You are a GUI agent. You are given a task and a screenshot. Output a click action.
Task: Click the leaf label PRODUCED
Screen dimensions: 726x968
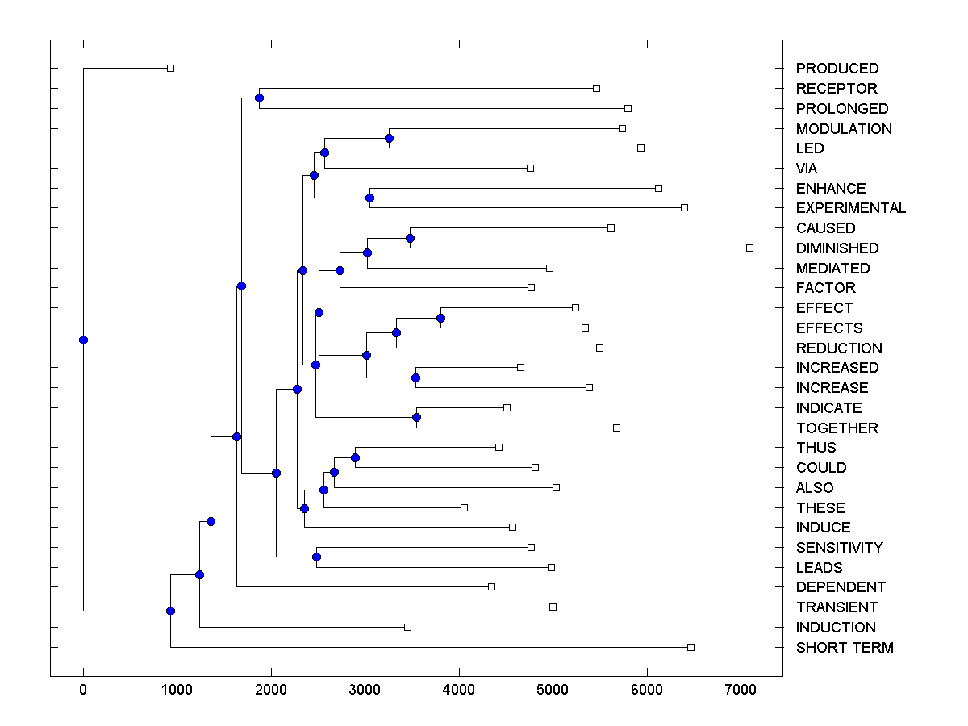[837, 69]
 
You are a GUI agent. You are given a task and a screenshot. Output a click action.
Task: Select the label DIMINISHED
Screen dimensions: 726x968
[837, 248]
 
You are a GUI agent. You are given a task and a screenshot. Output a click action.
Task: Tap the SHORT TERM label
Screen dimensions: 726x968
[844, 648]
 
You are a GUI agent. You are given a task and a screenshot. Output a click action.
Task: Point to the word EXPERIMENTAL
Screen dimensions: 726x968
[850, 208]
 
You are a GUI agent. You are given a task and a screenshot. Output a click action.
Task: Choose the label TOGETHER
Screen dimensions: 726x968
[837, 428]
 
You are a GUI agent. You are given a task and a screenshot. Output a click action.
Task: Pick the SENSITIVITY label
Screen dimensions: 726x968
[839, 548]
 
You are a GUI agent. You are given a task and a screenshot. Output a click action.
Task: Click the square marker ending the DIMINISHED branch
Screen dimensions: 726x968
[749, 248]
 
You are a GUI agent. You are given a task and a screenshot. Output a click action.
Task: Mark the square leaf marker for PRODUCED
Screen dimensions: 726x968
[170, 68]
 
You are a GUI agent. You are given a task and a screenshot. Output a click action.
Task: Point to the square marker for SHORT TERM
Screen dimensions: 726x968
[691, 647]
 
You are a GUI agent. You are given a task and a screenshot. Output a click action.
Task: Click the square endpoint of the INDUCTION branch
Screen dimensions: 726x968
[407, 627]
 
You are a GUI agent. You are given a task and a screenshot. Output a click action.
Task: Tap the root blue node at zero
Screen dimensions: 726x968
[83, 340]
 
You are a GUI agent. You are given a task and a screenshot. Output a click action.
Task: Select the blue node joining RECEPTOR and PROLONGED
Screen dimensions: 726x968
[259, 98]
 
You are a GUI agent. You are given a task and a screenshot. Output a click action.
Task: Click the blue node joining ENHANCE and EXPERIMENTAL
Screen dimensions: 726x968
[369, 198]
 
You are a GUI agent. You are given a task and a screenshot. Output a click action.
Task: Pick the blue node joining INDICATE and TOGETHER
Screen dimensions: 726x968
[416, 417]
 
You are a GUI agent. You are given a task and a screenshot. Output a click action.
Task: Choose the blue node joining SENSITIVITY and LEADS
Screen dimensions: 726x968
[316, 557]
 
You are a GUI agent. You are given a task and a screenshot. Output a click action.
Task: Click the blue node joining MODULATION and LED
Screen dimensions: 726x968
[389, 138]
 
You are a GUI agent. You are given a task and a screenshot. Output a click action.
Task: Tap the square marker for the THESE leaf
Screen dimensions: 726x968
[464, 507]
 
